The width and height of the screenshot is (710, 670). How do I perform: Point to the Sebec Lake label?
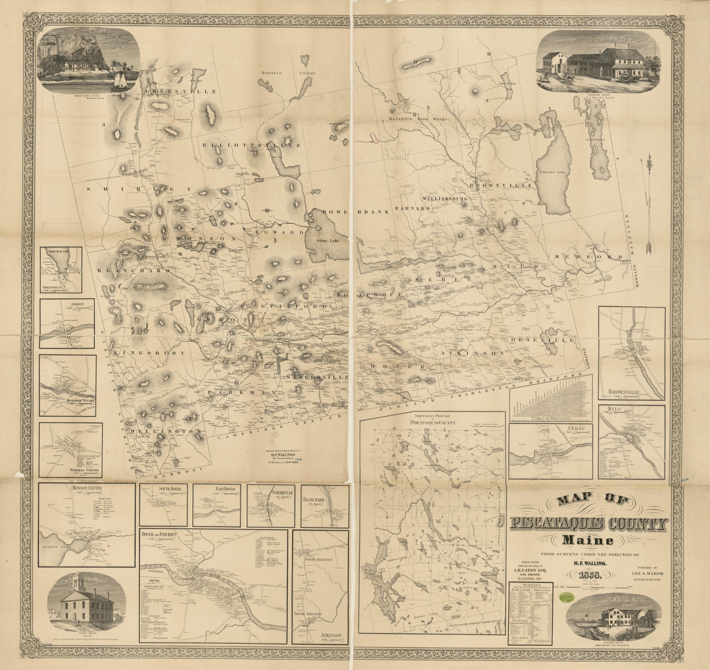(327, 241)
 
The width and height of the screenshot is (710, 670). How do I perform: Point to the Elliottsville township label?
(246, 145)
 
